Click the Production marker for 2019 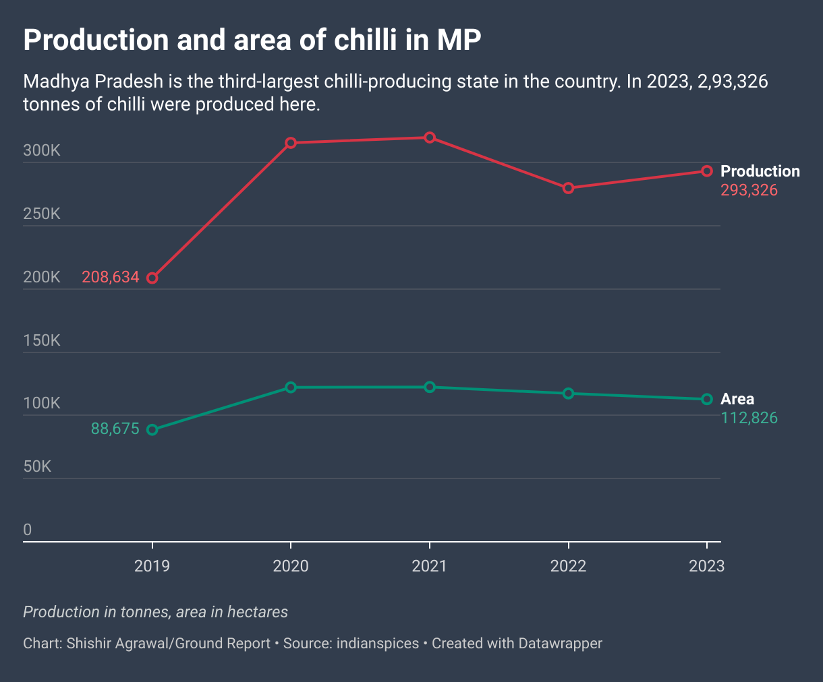pyautogui.click(x=152, y=278)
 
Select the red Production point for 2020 pyautogui.click(x=291, y=143)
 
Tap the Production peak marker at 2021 pyautogui.click(x=430, y=137)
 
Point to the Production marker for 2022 pyautogui.click(x=569, y=188)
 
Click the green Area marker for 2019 pyautogui.click(x=152, y=430)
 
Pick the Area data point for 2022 pyautogui.click(x=569, y=393)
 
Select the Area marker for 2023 pyautogui.click(x=707, y=399)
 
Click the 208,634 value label pyautogui.click(x=111, y=277)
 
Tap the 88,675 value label pyautogui.click(x=115, y=429)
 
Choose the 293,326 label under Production pyautogui.click(x=749, y=190)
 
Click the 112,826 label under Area pyautogui.click(x=749, y=418)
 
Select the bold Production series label pyautogui.click(x=760, y=171)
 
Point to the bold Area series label pyautogui.click(x=737, y=399)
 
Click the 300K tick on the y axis pyautogui.click(x=42, y=150)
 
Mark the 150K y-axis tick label pyautogui.click(x=42, y=340)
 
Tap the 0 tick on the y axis pyautogui.click(x=28, y=530)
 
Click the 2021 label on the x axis pyautogui.click(x=430, y=566)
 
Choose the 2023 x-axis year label pyautogui.click(x=707, y=566)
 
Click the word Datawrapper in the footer pyautogui.click(x=560, y=644)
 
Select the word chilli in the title pyautogui.click(x=368, y=40)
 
